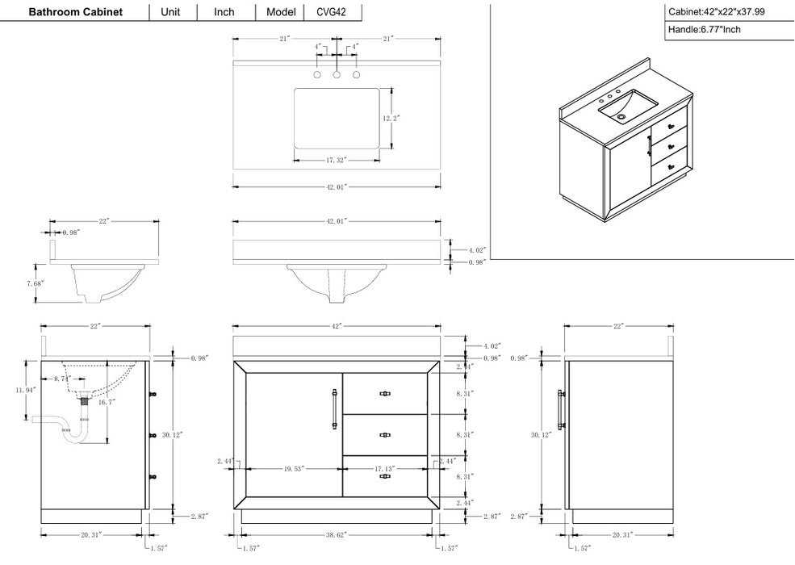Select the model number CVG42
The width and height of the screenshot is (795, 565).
(x=333, y=12)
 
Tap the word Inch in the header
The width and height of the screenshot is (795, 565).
(x=224, y=12)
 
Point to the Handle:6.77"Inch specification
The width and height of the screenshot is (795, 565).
(x=704, y=30)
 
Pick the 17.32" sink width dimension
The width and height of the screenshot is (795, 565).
(x=337, y=161)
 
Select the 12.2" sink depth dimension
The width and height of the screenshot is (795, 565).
(x=391, y=118)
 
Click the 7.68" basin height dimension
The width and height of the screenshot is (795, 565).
(x=35, y=283)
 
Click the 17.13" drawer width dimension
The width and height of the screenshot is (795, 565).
(x=384, y=468)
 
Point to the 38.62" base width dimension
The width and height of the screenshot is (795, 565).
(x=337, y=534)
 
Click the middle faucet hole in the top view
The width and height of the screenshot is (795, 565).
(x=337, y=75)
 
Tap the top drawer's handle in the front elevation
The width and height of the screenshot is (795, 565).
(x=385, y=394)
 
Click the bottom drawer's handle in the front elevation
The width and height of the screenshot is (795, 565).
(x=385, y=476)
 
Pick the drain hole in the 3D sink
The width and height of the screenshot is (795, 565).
(x=621, y=117)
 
